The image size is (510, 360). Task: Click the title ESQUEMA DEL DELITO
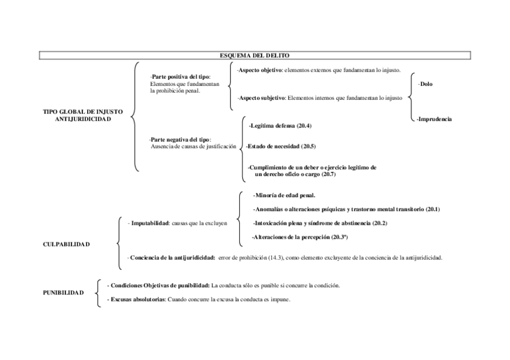click(255, 56)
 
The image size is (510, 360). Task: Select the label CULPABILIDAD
click(67, 245)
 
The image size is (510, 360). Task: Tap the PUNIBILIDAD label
click(63, 292)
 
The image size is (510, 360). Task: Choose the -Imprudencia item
click(434, 119)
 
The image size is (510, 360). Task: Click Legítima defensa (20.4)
click(280, 126)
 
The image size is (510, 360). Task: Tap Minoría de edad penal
click(284, 195)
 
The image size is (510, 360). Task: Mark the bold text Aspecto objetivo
click(260, 70)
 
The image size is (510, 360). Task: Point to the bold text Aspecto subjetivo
click(261, 97)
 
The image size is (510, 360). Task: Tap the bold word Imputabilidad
click(149, 223)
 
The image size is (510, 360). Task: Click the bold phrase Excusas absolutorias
click(136, 299)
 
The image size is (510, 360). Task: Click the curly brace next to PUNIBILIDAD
click(98, 293)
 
